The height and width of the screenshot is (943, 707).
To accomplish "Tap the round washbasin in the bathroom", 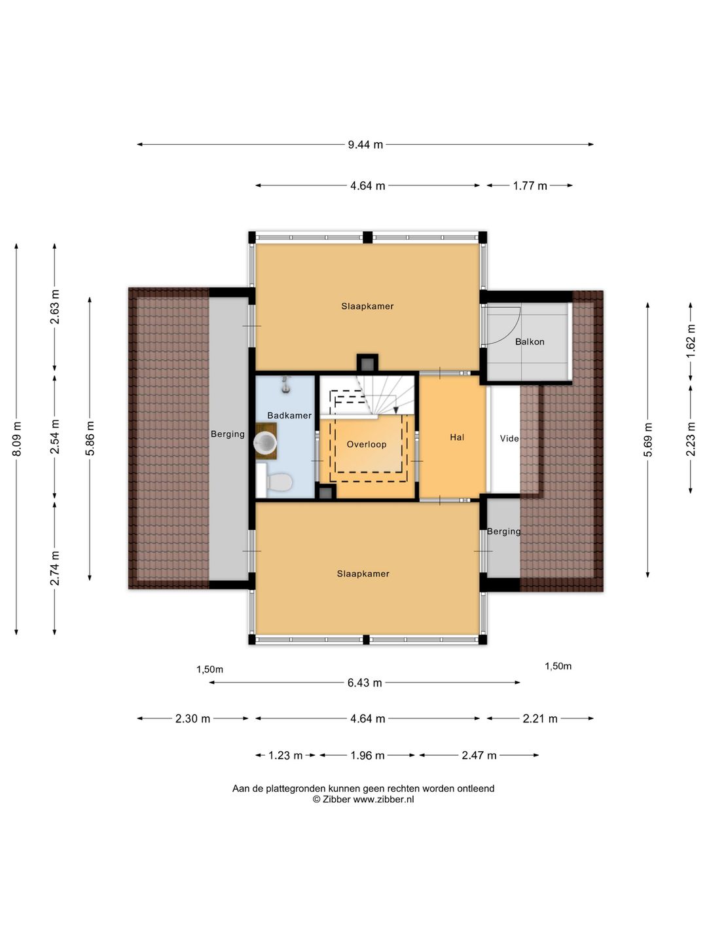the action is pos(265,442).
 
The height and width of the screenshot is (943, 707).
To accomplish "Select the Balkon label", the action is pos(530,342).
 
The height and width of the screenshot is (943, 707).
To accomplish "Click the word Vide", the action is pos(509,439).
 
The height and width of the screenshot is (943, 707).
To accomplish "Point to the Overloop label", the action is pos(367,444).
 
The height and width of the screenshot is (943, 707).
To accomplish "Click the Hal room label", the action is pos(457,437).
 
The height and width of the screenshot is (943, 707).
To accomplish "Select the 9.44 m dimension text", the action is pos(365,145).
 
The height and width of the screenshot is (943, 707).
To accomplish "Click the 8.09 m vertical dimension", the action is pos(16,439).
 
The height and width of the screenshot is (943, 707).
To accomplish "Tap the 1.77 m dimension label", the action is pos(530,186).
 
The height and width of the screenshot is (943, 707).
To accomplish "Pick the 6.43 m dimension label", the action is pos(365,682).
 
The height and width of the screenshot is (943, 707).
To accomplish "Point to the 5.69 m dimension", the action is pos(648,439).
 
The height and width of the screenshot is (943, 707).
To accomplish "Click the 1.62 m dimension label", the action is pos(690,341).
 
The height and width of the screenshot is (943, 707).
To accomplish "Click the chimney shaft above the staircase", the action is pos(367,365).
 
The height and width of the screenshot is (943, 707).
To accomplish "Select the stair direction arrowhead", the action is pos(396,410).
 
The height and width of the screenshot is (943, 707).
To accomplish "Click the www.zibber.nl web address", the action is pos(384,800).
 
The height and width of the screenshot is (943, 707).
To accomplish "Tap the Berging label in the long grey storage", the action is pos(228,434).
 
